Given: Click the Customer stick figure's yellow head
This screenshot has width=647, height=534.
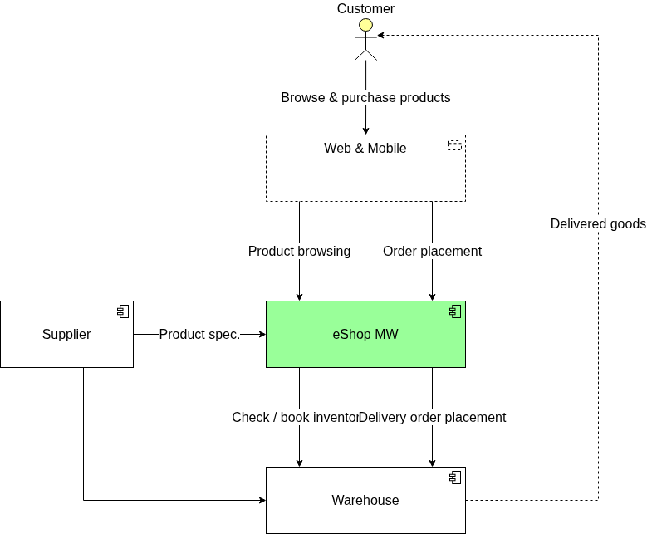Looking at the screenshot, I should pyautogui.click(x=365, y=25).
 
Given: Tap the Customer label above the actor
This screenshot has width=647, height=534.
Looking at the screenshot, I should pyautogui.click(x=365, y=9).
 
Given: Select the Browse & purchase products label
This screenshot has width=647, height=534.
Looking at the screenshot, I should pyautogui.click(x=365, y=98).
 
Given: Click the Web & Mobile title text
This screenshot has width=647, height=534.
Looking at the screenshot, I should pyautogui.click(x=365, y=149).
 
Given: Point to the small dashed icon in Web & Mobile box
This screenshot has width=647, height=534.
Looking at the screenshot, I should pyautogui.click(x=454, y=145).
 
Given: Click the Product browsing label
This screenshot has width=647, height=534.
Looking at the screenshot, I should pyautogui.click(x=299, y=251).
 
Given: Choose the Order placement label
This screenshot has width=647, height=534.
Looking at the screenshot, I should pyautogui.click(x=432, y=251).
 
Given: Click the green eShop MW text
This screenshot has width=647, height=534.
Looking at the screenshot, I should pyautogui.click(x=365, y=335).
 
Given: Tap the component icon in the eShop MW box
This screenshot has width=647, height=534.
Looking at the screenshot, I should pyautogui.click(x=454, y=311).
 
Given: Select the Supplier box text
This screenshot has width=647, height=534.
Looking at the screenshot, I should pyautogui.click(x=66, y=335).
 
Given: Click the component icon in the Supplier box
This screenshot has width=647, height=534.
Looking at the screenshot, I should pyautogui.click(x=122, y=311).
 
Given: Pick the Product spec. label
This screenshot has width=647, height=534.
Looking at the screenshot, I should pyautogui.click(x=199, y=335).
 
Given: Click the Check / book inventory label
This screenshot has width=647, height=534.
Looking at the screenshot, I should pyautogui.click(x=295, y=417).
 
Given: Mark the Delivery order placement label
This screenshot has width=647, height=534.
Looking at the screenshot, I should pyautogui.click(x=433, y=417).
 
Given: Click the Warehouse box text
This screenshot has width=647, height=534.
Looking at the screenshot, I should pyautogui.click(x=365, y=501).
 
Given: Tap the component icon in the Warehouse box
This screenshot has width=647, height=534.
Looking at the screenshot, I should pyautogui.click(x=454, y=478).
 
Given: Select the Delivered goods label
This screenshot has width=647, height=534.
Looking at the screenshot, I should pyautogui.click(x=598, y=224).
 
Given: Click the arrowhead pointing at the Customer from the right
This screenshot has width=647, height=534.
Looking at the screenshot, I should pyautogui.click(x=381, y=35).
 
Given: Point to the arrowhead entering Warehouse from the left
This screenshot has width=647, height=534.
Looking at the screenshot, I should pyautogui.click(x=262, y=500).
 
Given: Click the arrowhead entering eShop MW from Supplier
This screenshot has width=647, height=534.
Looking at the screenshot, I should pyautogui.click(x=262, y=334).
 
